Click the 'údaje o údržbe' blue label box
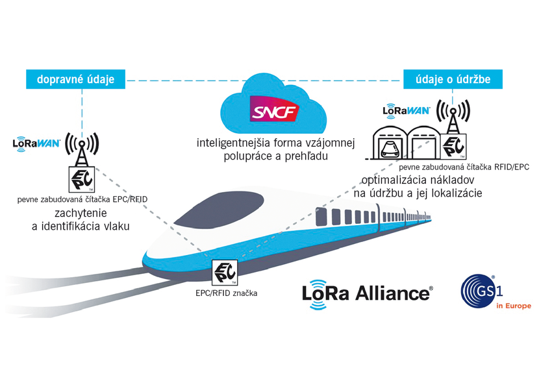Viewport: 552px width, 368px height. pos(456,80)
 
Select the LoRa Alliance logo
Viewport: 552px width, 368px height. pos(366,292)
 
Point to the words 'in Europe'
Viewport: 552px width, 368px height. pos(512,306)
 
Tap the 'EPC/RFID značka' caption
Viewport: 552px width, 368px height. pos(227,293)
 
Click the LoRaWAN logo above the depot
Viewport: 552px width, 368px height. pos(407,110)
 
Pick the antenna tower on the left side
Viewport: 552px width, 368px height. pos(82,148)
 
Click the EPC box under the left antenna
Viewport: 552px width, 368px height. pos(82,178)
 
